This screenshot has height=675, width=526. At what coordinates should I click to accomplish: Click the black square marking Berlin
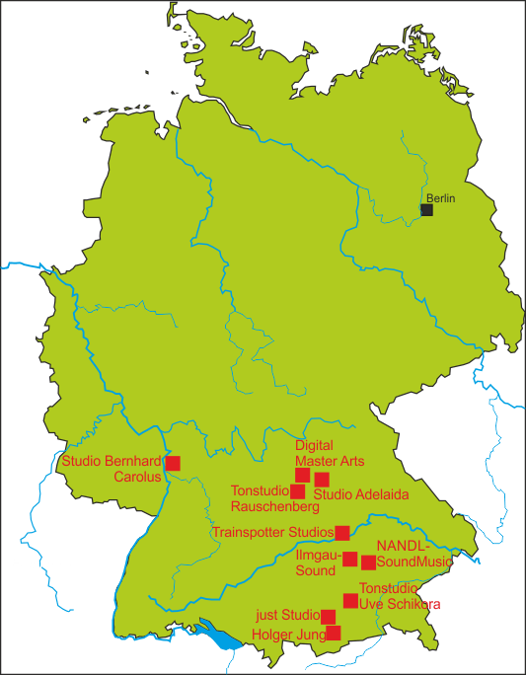426,209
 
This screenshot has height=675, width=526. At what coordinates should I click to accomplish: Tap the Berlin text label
441,198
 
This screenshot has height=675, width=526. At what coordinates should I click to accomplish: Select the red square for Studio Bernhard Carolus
173,463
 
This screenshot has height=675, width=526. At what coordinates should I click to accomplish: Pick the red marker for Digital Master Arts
303,475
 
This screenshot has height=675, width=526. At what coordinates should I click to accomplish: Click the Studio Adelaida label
360,493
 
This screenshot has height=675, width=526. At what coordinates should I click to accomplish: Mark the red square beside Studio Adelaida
322,480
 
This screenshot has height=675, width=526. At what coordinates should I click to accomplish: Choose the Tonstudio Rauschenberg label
274,498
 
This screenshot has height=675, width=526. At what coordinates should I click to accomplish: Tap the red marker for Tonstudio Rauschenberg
297,491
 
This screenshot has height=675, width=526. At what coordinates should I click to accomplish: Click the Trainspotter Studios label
273,533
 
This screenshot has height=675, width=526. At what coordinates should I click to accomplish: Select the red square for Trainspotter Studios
342,533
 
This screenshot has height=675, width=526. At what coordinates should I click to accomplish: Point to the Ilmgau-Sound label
318,563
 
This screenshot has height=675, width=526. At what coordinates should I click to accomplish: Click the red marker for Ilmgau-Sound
349,559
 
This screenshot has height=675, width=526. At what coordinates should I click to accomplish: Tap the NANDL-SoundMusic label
413,554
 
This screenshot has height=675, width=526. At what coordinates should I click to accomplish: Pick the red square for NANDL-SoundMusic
368,562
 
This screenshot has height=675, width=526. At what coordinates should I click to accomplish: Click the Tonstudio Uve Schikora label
399,596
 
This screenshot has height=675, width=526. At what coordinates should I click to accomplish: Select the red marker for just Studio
329,617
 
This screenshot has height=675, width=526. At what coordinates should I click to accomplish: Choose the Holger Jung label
287,635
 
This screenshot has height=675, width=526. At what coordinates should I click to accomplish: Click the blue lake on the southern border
223,635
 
